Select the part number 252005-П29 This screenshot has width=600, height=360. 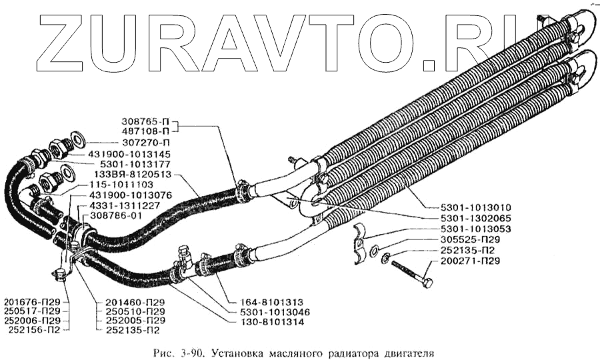point(135,320)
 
